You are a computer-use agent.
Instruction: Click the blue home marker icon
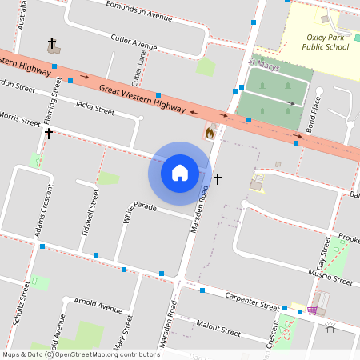point(179,172)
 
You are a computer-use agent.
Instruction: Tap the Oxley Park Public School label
point(326,42)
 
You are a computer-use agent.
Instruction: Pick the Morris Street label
point(19,120)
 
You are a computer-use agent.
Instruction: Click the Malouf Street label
point(219,327)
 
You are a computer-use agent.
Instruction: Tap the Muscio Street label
point(330,278)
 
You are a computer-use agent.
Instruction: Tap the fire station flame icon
point(210,133)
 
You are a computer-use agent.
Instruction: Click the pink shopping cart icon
point(312,310)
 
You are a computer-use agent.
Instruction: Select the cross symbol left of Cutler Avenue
point(52,42)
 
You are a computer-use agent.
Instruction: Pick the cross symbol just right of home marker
point(217,178)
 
